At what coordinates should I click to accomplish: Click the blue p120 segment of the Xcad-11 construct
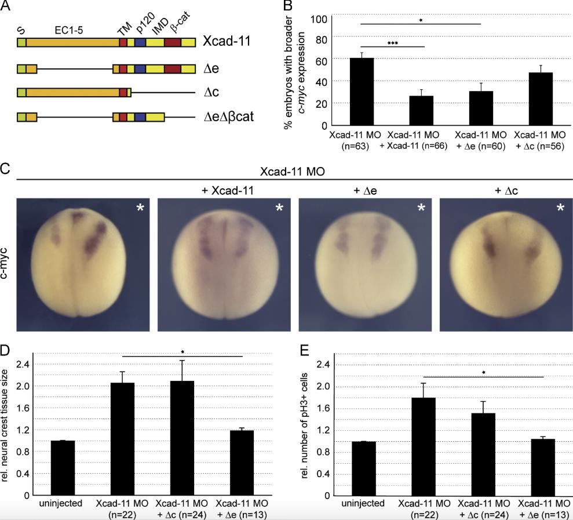coord(140,42)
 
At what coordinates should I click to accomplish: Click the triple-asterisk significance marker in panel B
coord(393,43)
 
